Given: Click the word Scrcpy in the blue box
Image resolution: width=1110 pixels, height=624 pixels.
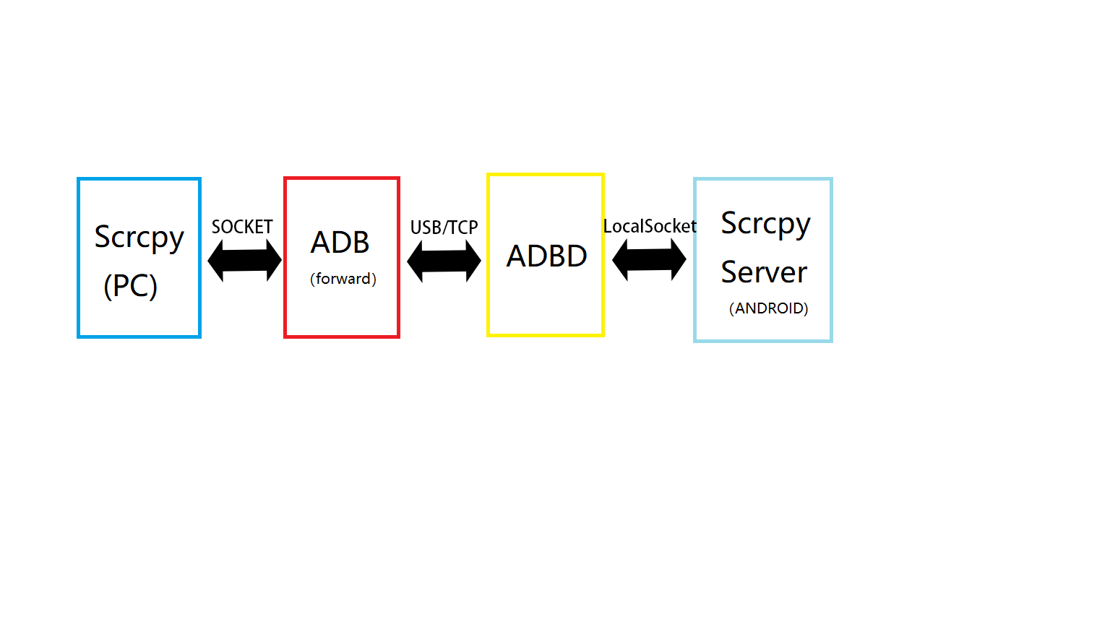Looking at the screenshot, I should point(139,238).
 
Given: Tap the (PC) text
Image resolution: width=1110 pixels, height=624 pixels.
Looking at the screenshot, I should point(130,286).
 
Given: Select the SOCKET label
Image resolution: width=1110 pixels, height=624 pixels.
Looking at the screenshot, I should point(242,227).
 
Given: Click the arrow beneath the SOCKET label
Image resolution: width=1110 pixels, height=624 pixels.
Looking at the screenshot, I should point(244,260).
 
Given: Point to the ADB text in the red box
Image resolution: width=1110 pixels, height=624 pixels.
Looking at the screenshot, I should point(340,243).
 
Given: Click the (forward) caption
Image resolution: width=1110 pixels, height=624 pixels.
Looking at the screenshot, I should point(343,279).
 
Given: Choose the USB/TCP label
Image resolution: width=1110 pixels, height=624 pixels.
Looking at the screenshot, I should point(444,227).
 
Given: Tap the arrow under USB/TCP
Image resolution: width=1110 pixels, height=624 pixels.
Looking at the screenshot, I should point(444,261).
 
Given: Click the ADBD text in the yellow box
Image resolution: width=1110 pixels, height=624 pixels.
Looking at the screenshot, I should point(546,256).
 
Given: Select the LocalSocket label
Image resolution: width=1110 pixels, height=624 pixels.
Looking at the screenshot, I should point(650,226).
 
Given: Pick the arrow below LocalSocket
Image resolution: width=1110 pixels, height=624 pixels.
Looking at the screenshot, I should point(649,259).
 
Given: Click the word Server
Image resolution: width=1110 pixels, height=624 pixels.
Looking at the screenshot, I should point(764,272).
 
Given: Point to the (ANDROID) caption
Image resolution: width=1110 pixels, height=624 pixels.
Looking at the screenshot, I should point(768,308).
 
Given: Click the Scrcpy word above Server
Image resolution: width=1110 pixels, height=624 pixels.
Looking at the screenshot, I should point(765,224).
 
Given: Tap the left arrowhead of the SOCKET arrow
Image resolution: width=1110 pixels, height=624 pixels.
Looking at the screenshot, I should point(216,260).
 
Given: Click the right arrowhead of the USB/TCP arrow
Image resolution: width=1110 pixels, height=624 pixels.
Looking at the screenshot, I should point(473,261).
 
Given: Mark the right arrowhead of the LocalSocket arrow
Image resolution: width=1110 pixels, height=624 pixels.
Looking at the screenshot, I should point(678,259).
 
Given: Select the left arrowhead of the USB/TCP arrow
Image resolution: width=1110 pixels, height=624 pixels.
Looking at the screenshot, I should point(416,261).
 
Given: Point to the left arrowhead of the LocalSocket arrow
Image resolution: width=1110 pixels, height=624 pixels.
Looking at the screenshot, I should point(621,259).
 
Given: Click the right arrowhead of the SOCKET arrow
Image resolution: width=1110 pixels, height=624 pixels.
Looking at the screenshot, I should point(273,260).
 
